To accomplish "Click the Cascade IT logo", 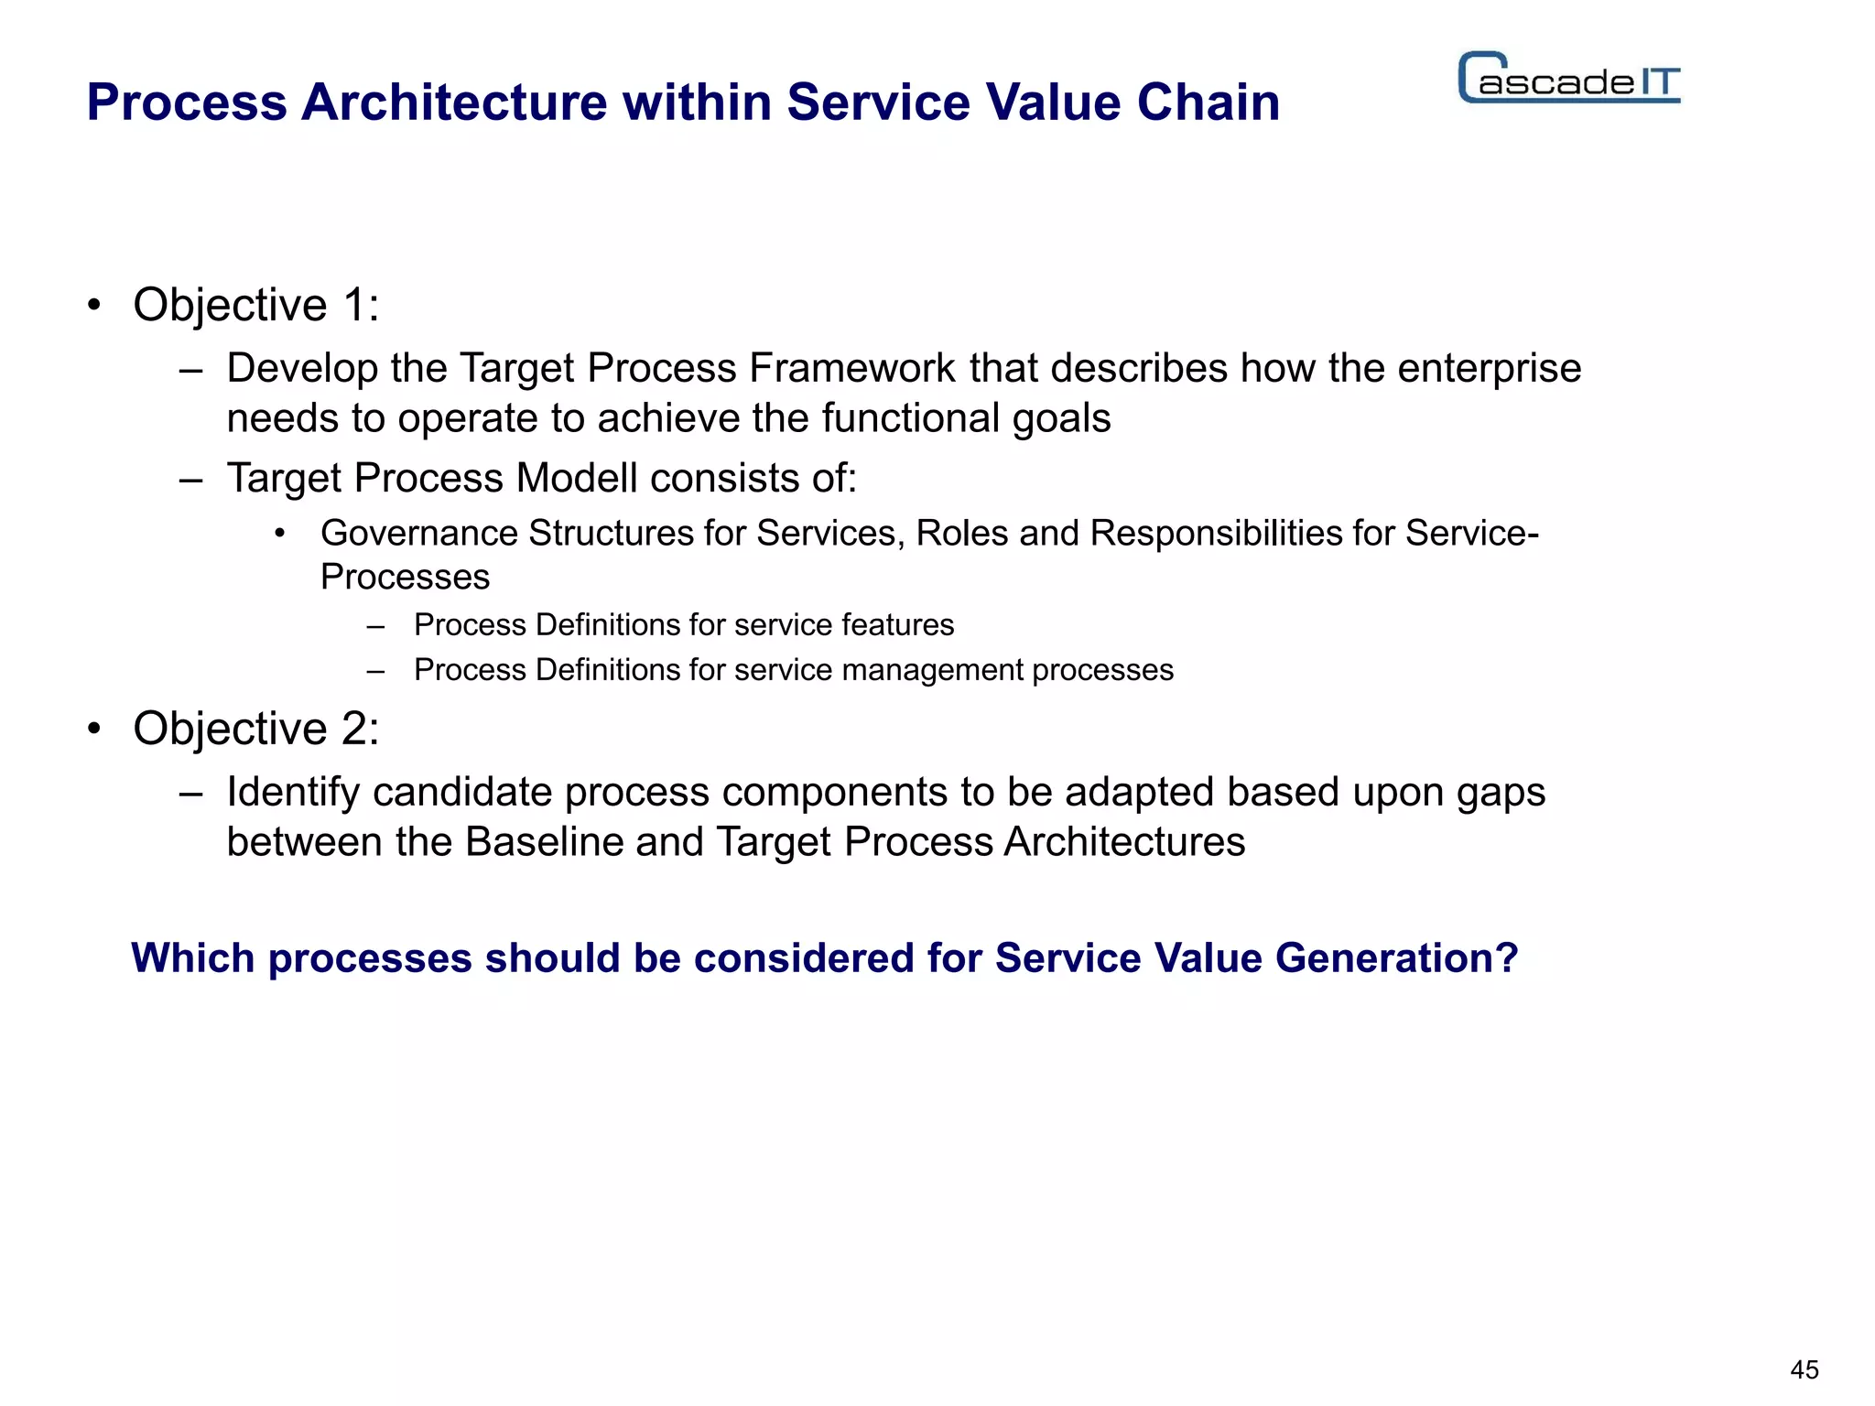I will pyautogui.click(x=1569, y=79).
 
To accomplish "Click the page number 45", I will pyautogui.click(x=1805, y=1370).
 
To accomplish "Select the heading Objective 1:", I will pyautogui.click(x=255, y=305).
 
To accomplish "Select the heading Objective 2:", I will pyautogui.click(x=255, y=729).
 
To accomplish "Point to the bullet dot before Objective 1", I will pyautogui.click(x=94, y=306).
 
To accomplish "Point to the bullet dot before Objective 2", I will pyautogui.click(x=94, y=730).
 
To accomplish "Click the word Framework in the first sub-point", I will pyautogui.click(x=851, y=368).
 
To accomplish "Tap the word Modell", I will pyautogui.click(x=577, y=478).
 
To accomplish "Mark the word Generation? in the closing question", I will pyautogui.click(x=1396, y=958).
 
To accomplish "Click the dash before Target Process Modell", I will pyautogui.click(x=190, y=479).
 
